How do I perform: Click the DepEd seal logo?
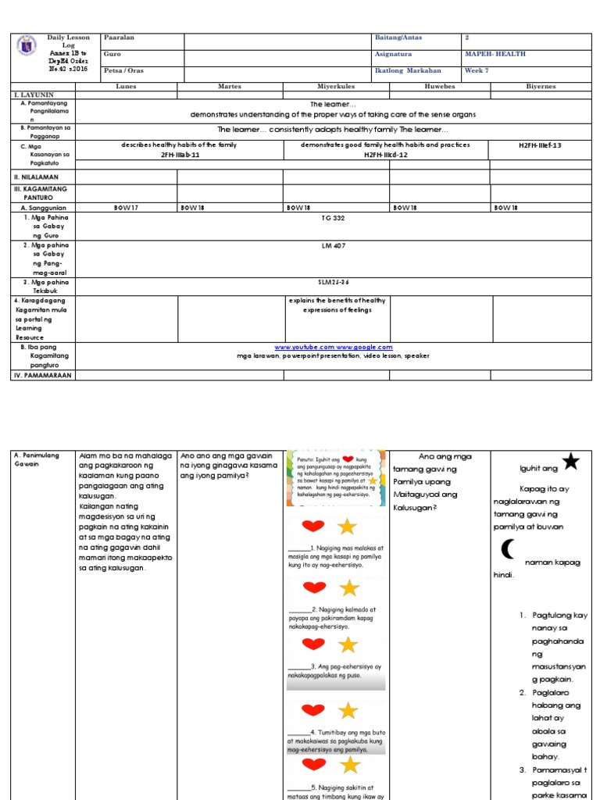[x=25, y=47]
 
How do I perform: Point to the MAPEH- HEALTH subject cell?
[x=495, y=54]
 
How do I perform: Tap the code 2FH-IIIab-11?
[x=180, y=155]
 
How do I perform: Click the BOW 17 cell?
[x=125, y=209]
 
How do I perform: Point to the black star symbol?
[x=571, y=462]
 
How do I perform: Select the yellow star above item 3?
[x=348, y=645]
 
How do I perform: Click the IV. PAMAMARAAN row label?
[x=39, y=375]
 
